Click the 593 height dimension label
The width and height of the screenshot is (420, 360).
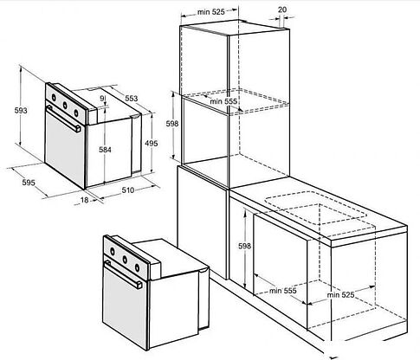point(21,110)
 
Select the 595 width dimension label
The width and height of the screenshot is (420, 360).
point(29,183)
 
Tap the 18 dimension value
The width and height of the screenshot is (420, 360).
point(84,200)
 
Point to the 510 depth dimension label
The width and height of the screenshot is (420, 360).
point(128,190)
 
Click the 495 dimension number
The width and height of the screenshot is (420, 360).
point(152,143)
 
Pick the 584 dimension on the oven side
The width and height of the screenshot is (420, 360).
point(105,150)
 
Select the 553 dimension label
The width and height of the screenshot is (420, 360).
point(132,99)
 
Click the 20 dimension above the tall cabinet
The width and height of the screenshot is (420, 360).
point(282,10)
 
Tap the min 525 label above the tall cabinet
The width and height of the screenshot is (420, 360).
point(211,12)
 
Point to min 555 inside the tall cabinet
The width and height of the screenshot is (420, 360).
point(223,101)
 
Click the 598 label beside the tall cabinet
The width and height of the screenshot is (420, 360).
point(172,124)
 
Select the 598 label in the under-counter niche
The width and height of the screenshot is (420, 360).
point(244,246)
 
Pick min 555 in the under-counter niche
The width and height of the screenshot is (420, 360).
point(283,291)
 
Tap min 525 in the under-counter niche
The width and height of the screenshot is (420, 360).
point(340,295)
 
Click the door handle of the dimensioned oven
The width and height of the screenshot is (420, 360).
point(63,119)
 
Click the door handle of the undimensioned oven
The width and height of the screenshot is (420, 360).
point(123,274)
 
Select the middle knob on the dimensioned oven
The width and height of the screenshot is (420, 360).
point(65,106)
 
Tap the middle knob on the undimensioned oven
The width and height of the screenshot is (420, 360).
point(125,260)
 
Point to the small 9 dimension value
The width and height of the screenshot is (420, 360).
point(102,99)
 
